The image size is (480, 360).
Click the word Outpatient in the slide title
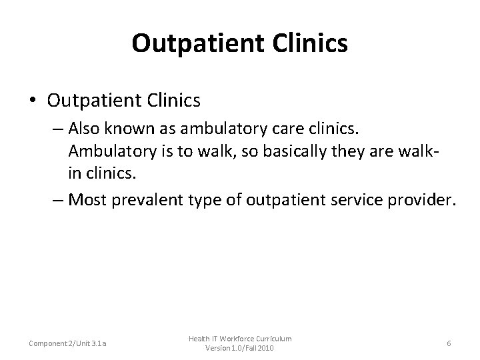(x=191, y=43)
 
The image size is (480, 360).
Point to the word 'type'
(x=189, y=199)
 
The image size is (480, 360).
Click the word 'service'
(x=347, y=199)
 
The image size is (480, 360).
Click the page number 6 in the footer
(x=449, y=343)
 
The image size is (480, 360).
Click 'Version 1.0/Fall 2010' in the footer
(x=239, y=349)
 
